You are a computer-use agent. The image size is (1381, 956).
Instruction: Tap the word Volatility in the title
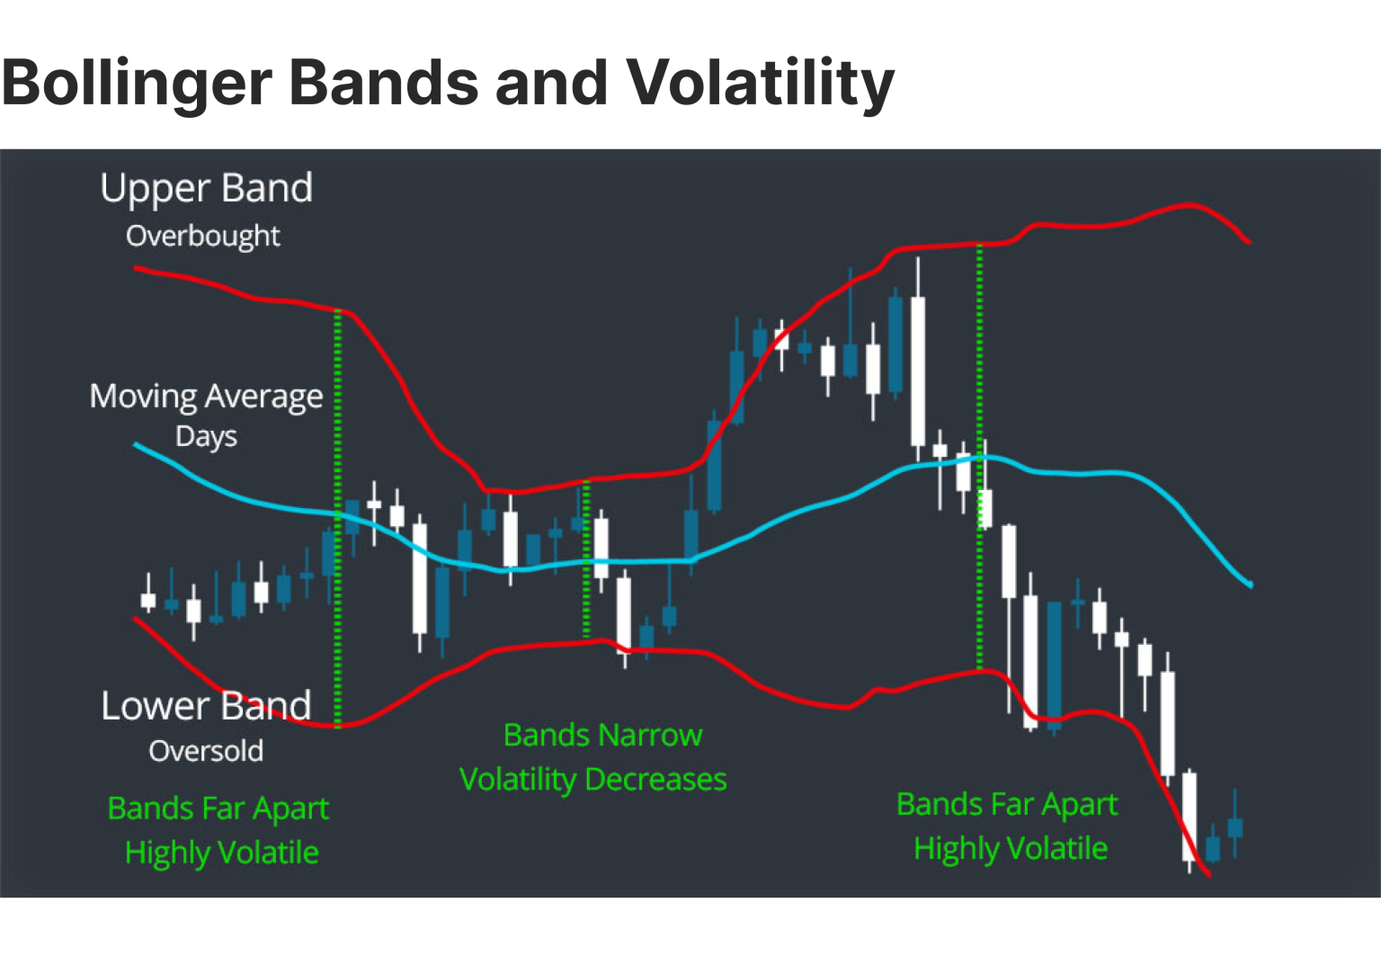[760, 83]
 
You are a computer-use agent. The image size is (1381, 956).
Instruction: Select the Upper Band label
[206, 188]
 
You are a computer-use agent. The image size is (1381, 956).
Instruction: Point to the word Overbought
[203, 236]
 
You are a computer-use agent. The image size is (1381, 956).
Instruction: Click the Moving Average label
[206, 396]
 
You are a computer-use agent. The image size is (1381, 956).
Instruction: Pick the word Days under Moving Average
[206, 436]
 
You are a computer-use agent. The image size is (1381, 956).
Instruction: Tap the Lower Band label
[206, 706]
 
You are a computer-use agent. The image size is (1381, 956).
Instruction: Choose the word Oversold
[206, 751]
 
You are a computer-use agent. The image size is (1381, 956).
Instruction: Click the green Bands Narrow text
[602, 736]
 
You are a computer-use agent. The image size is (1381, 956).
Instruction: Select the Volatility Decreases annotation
[592, 779]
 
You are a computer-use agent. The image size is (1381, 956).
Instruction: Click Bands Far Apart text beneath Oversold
[218, 809]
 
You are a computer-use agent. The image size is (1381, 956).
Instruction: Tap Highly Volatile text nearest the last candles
[1011, 848]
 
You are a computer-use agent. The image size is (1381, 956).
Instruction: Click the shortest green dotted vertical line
[586, 558]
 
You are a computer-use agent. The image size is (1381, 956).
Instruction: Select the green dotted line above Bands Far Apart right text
[979, 459]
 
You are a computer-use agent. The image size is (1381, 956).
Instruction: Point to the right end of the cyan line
[1250, 585]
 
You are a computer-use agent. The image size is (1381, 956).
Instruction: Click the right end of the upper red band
[1248, 241]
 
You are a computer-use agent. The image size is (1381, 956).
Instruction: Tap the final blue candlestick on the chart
[1235, 826]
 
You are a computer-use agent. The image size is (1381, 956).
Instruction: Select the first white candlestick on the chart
[148, 600]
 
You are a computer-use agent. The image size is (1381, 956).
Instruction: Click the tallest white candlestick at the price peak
[918, 371]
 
